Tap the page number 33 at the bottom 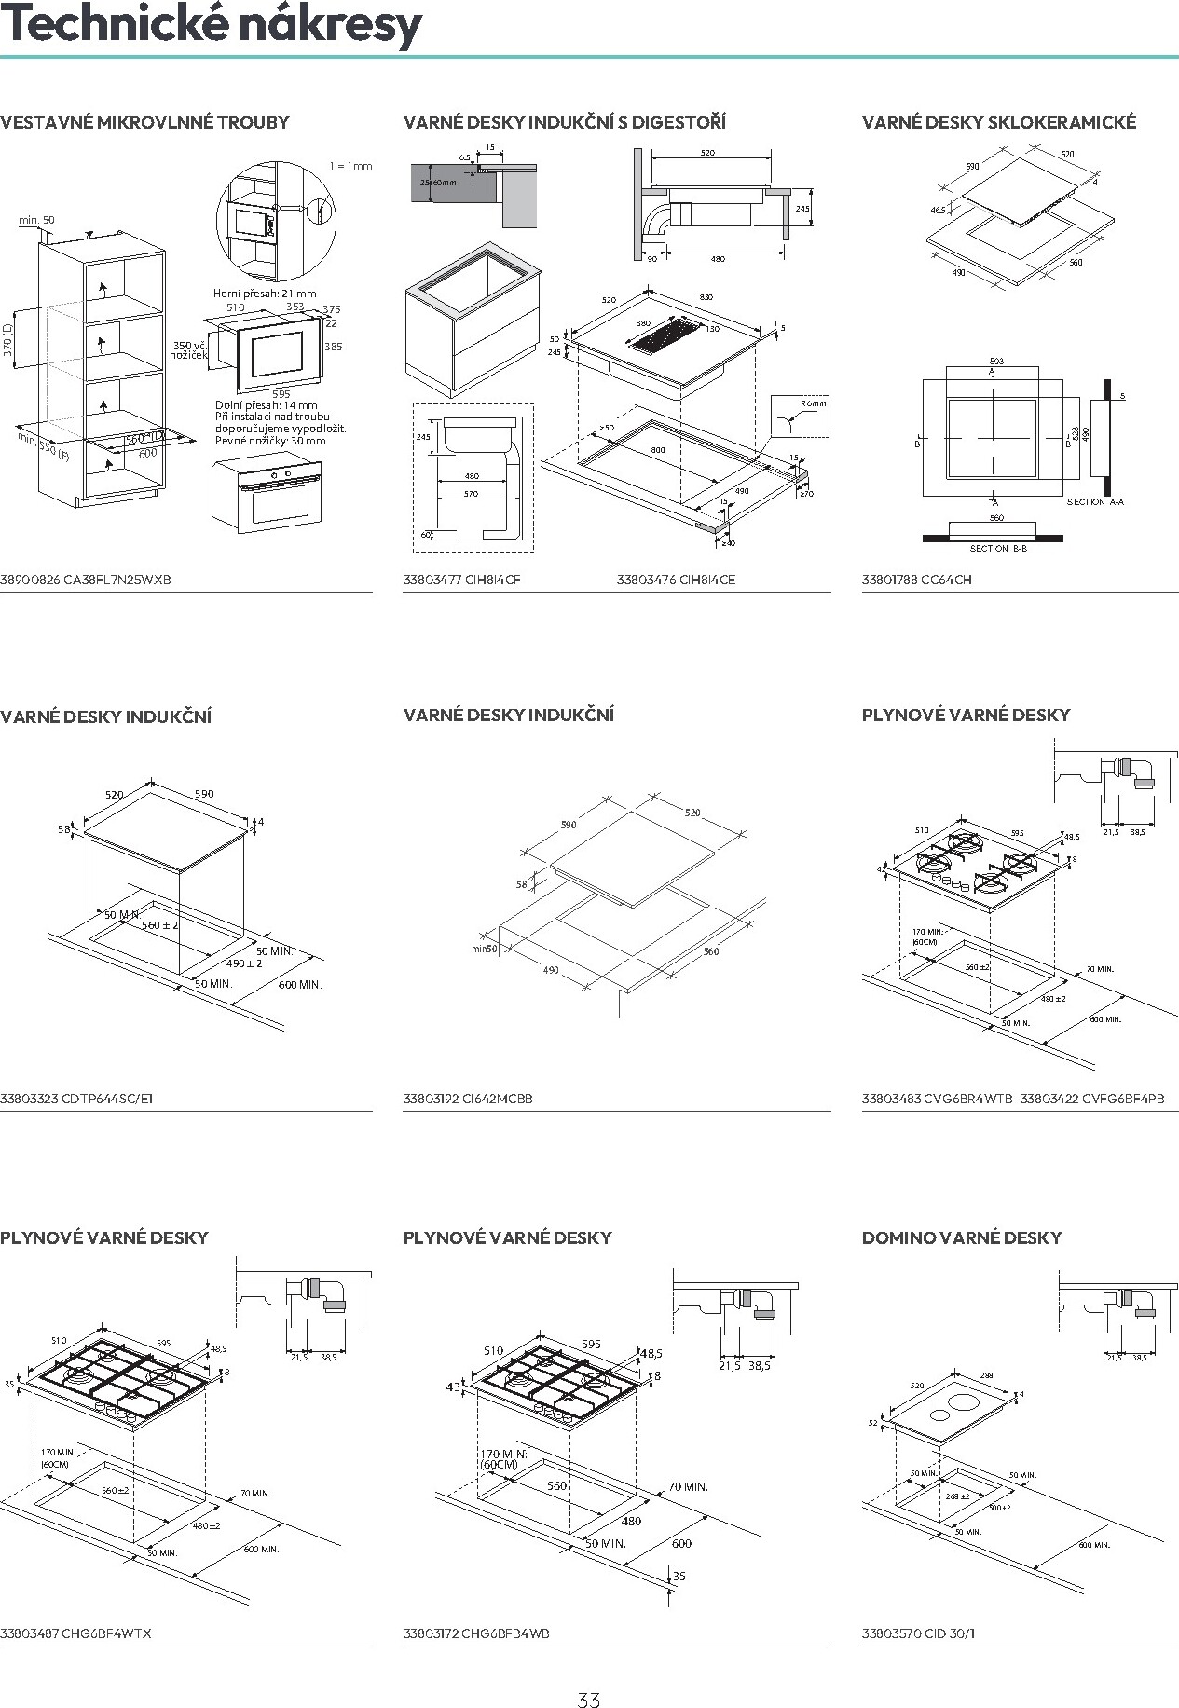point(589,1674)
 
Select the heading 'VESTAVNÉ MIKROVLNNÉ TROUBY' point(144,122)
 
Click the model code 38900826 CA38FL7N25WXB point(86,580)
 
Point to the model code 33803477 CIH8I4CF point(461,580)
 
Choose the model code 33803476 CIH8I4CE point(676,580)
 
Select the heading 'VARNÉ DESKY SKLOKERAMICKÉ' point(999,122)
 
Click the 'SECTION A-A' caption point(1095,502)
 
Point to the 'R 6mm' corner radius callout point(813,403)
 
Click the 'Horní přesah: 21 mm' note point(265,294)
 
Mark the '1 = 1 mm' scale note point(350,166)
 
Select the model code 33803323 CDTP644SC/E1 point(76,1099)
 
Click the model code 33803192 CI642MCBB point(468,1099)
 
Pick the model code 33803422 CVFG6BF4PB point(1091,1099)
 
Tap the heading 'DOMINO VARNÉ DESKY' point(962,1237)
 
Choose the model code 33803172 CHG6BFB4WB point(476,1633)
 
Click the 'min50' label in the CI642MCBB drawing point(485,950)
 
